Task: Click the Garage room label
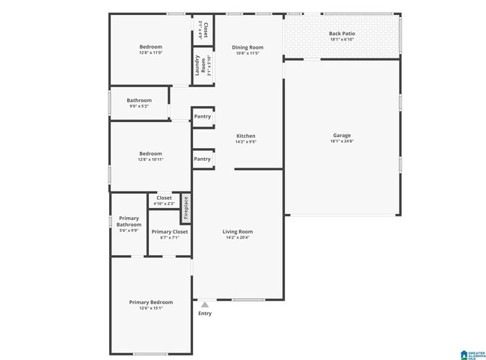(x=342, y=135)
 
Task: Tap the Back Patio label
(x=342, y=33)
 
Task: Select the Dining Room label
(x=247, y=47)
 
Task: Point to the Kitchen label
(x=245, y=135)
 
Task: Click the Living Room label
(x=238, y=231)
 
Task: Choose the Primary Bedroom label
(x=151, y=302)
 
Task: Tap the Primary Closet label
(x=170, y=231)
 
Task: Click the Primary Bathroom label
(x=129, y=222)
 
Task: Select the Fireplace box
(x=186, y=209)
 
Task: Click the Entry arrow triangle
(x=205, y=305)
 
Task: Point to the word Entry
(x=205, y=314)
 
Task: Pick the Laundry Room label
(x=200, y=66)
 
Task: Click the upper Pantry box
(x=203, y=117)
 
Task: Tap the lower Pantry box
(x=203, y=159)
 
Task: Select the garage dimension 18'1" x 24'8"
(x=342, y=141)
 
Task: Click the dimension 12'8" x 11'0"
(x=150, y=52)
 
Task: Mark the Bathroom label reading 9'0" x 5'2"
(x=139, y=106)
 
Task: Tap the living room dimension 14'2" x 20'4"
(x=238, y=237)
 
